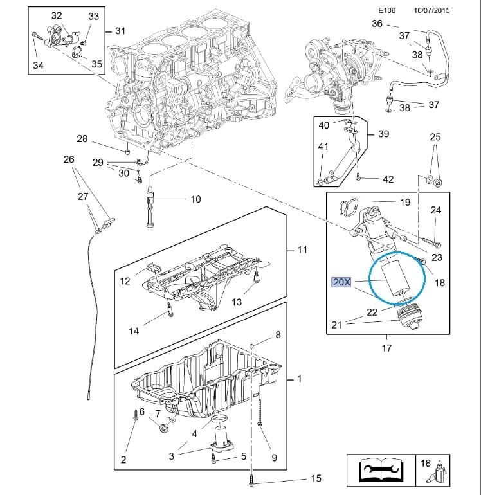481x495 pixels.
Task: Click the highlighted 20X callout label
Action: (341, 282)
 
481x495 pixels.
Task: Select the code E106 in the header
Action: (386, 11)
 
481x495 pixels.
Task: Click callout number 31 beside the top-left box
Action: (120, 31)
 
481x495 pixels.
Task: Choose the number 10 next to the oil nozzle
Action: (195, 199)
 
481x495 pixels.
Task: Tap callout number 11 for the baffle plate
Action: (302, 249)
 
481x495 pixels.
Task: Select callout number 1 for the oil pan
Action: (298, 379)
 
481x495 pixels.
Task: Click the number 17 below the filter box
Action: (386, 348)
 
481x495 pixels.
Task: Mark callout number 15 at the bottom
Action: (315, 478)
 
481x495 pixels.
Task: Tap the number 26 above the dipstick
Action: (69, 159)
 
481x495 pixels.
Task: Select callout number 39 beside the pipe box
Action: (383, 134)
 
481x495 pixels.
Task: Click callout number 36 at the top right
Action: (377, 24)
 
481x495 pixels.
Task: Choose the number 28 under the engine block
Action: (82, 139)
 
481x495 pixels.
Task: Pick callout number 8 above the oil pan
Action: (278, 334)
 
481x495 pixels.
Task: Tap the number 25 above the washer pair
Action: (435, 137)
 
